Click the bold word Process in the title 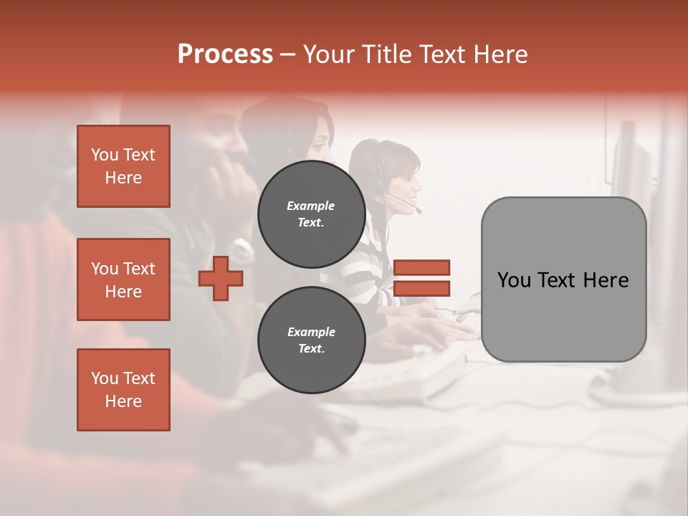(225, 54)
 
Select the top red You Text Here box (123, 166)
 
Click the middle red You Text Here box (123, 279)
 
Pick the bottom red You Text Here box (123, 389)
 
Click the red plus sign (221, 278)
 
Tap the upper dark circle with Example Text (311, 214)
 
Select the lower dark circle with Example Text (311, 340)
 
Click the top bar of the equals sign (421, 267)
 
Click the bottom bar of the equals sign (421, 288)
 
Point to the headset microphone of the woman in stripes (418, 211)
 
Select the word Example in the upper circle (311, 206)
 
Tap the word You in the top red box (105, 155)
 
